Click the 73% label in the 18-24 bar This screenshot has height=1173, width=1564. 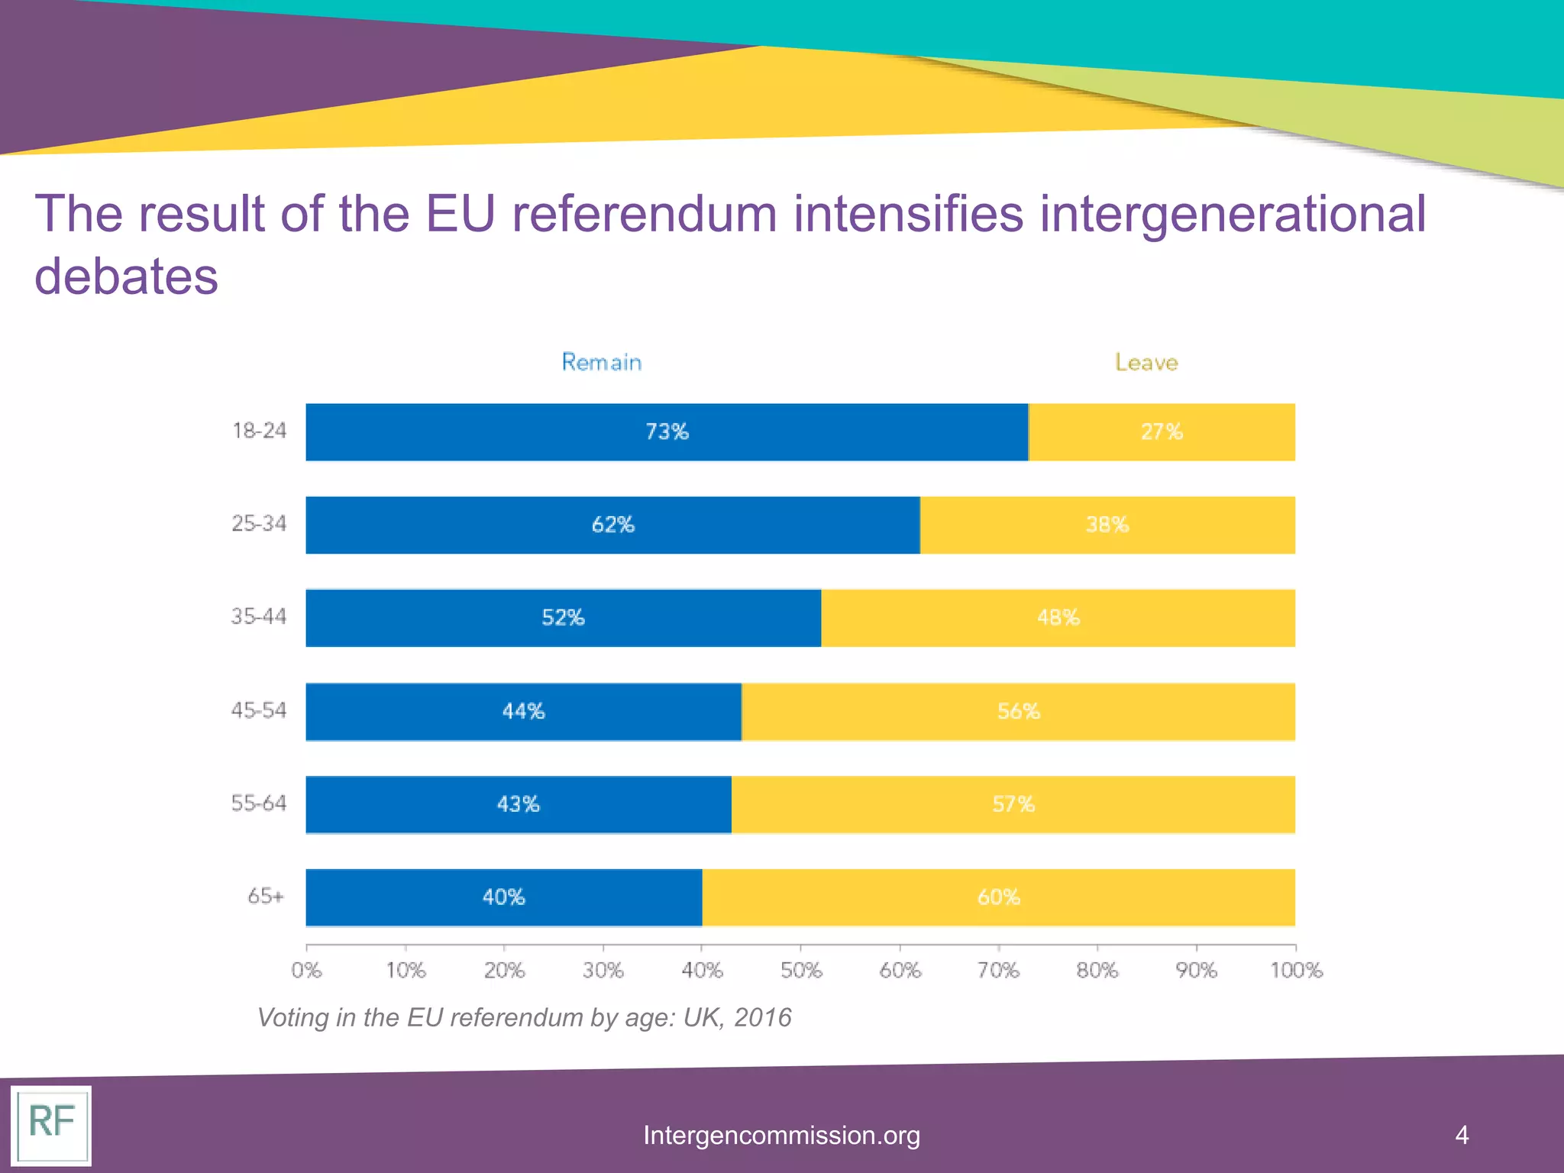point(667,432)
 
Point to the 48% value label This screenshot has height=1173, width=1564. point(1058,618)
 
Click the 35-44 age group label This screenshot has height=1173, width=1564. point(259,616)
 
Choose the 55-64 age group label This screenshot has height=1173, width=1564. point(259,803)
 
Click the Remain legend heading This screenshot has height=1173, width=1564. point(602,362)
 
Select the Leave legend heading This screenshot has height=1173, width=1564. point(1146,362)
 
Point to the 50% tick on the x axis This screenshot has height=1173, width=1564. point(801,971)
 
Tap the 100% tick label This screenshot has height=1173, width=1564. point(1296,971)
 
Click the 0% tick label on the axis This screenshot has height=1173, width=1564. point(306,971)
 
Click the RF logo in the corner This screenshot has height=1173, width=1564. point(51,1124)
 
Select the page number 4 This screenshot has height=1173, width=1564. point(1462,1135)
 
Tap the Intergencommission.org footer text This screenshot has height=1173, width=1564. point(781,1136)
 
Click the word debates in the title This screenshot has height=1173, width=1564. point(127,276)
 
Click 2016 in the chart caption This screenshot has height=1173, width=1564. point(762,1017)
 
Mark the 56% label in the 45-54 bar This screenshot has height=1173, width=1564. point(1019,712)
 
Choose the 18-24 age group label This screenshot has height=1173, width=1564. point(259,431)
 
